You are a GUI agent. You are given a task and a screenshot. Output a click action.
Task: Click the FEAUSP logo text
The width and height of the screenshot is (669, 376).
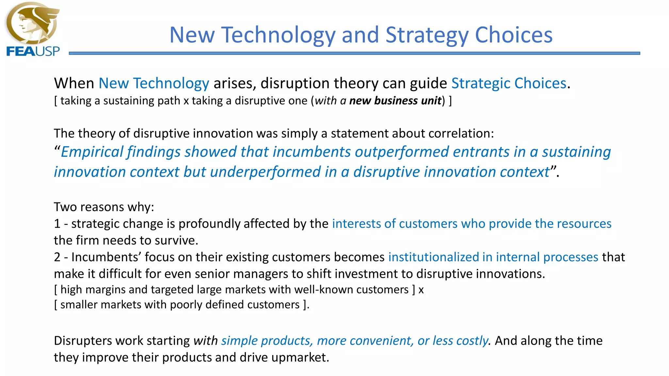[33, 51]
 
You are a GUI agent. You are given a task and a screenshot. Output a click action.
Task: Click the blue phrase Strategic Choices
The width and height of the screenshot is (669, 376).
[509, 83]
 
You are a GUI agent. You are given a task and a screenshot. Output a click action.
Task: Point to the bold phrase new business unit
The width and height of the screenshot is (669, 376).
[395, 101]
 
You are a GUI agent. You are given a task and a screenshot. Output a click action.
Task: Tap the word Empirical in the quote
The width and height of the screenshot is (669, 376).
[92, 152]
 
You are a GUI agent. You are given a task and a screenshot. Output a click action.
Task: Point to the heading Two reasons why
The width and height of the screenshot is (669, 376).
[104, 207]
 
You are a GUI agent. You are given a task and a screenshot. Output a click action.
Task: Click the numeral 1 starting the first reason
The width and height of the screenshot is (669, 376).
[57, 224]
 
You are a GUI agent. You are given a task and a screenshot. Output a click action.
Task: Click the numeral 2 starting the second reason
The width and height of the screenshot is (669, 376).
[57, 257]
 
